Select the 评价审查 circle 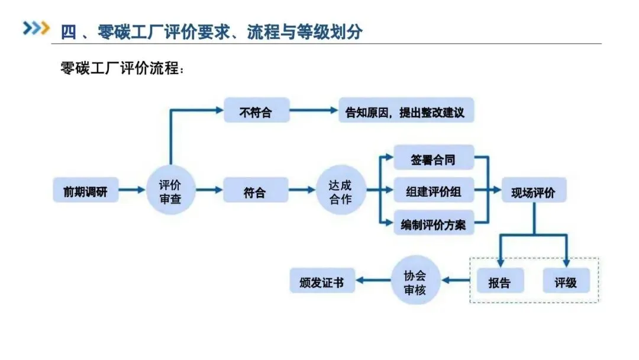[x=170, y=191]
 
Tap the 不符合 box [x=256, y=111]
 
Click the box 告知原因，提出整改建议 [x=406, y=111]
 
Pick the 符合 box [x=256, y=191]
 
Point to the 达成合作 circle [x=340, y=191]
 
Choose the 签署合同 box [x=434, y=159]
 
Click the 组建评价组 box [x=434, y=191]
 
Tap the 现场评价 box [x=534, y=191]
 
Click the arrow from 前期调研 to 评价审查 [x=131, y=191]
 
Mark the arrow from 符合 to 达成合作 [x=302, y=191]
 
